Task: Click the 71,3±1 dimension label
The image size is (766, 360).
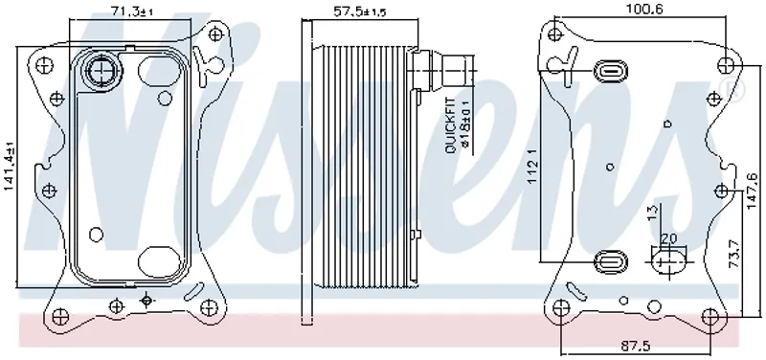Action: pyautogui.click(x=132, y=11)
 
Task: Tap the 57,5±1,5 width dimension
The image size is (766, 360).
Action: pyautogui.click(x=360, y=11)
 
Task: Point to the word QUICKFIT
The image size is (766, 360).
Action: pyautogui.click(x=450, y=126)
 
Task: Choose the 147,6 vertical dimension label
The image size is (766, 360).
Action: pyautogui.click(x=752, y=191)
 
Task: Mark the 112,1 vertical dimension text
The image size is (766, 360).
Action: pyautogui.click(x=533, y=166)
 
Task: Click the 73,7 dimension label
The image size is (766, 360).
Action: pyautogui.click(x=733, y=254)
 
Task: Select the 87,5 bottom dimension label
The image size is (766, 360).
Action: pyautogui.click(x=636, y=347)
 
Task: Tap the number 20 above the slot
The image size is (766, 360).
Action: pyautogui.click(x=668, y=238)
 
